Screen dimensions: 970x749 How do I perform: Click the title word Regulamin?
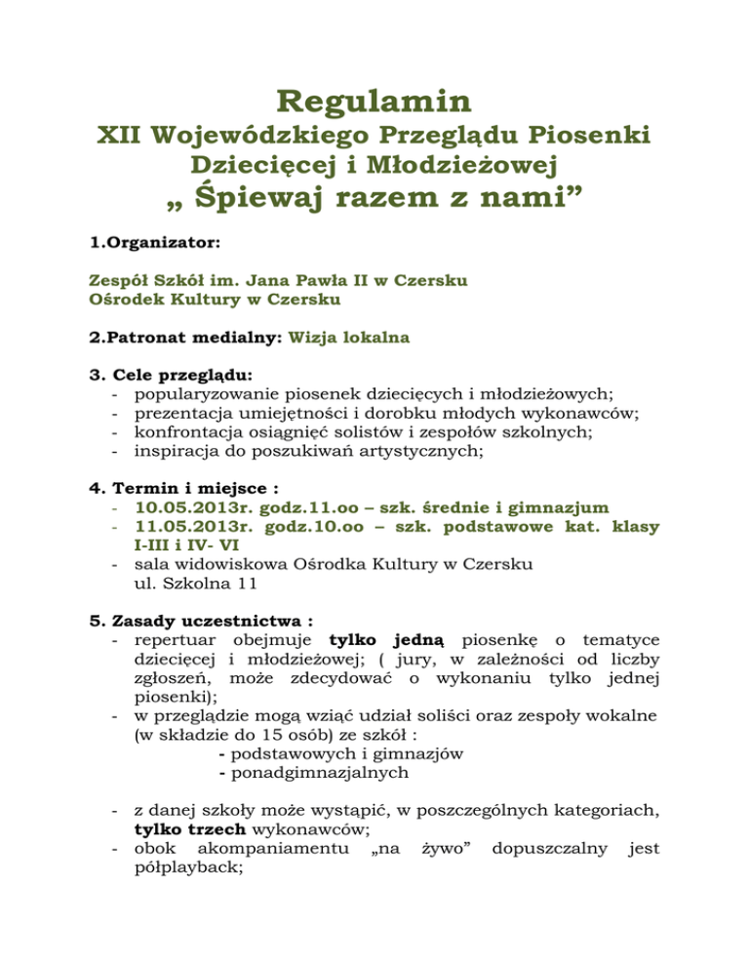click(x=374, y=101)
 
